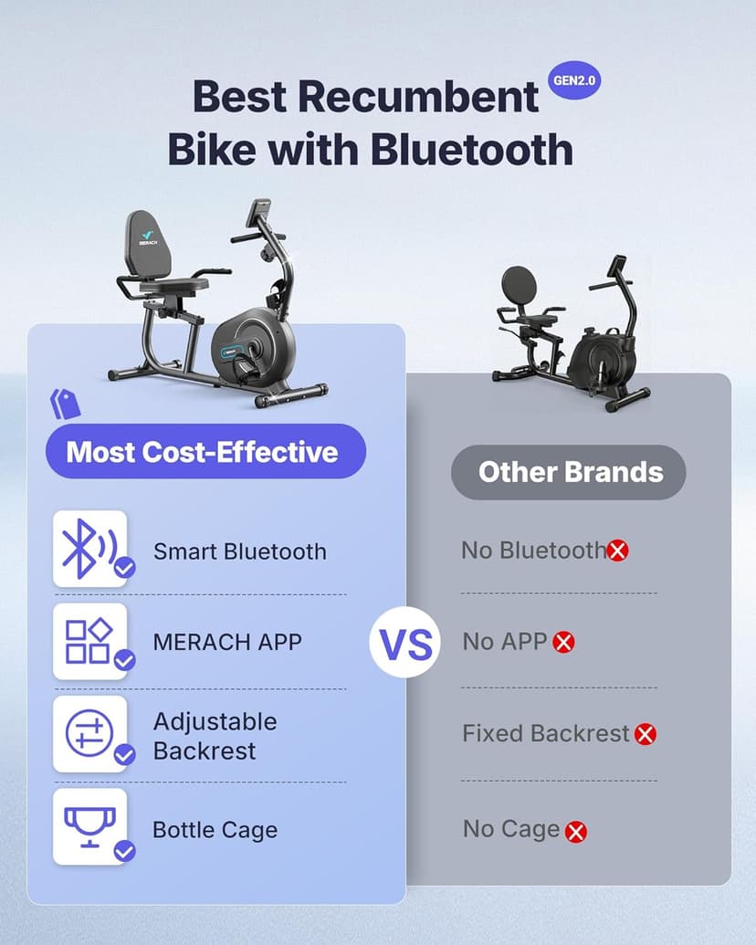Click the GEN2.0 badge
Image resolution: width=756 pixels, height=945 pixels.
[x=576, y=81]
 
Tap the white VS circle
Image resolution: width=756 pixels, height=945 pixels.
[x=405, y=645]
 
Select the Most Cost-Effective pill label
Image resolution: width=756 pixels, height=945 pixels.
[x=202, y=452]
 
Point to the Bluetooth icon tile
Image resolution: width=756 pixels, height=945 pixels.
[x=89, y=549]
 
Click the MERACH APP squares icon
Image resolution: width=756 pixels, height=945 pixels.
[x=89, y=641]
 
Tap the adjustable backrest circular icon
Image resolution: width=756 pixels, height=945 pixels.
[x=89, y=733]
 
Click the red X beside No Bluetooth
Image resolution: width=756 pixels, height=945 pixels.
[x=618, y=551]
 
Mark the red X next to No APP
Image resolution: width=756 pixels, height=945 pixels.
[x=564, y=643]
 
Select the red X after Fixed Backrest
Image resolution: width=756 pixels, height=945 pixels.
[x=646, y=734]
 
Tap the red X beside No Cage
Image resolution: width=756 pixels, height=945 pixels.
[x=575, y=832]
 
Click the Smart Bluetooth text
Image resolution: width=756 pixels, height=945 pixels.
[x=239, y=551]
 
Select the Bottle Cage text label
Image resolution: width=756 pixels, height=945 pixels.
[x=215, y=830]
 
